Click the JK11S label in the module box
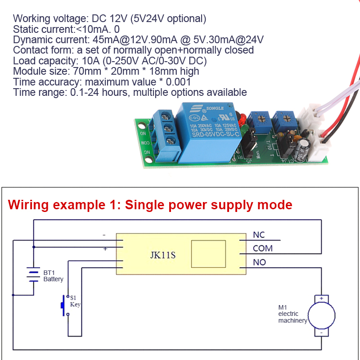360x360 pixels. coord(162,256)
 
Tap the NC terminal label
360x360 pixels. coord(259,234)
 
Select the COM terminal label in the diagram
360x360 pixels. coord(262,248)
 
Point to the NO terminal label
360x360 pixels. coord(259,262)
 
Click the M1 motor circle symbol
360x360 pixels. coord(321,315)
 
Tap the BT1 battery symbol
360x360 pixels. coord(33,275)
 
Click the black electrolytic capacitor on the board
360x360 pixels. coord(305,148)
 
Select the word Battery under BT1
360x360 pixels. coord(53,279)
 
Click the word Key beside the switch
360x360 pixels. coord(75,304)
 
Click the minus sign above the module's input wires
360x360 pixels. coord(104,235)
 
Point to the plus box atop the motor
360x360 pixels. coord(321,298)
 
